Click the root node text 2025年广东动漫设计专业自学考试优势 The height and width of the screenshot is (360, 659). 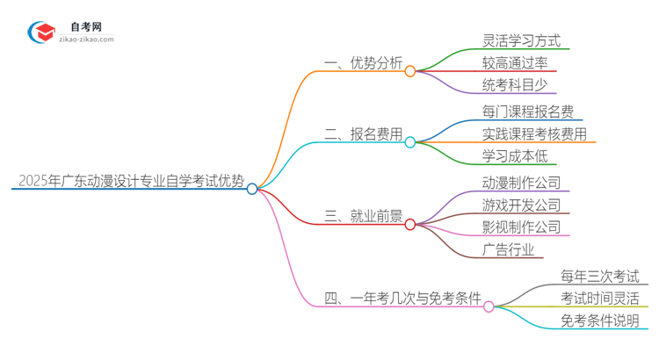pos(130,182)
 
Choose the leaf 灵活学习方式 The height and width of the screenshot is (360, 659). pos(521,40)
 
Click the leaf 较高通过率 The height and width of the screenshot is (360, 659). pos(515,63)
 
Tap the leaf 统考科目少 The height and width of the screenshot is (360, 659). pos(515,85)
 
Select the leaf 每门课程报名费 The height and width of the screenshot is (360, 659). pos(528,112)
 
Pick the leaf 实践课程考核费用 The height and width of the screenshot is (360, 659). pos(534,134)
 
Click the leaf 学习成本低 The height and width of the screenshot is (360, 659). pos(515,157)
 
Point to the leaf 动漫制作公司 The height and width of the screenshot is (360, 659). pos(521,184)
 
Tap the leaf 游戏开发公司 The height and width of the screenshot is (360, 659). pos(521,205)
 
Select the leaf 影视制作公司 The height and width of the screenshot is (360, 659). pos(521,227)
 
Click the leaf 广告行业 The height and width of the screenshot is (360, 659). pos(508,250)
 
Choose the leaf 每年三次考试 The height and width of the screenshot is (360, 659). pos(600,277)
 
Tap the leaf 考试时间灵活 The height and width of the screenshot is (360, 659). pos(600,299)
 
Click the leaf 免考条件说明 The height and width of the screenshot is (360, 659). pos(600,321)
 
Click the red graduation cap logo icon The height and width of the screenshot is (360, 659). pos(43,32)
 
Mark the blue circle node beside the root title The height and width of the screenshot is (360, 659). pos(252,189)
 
